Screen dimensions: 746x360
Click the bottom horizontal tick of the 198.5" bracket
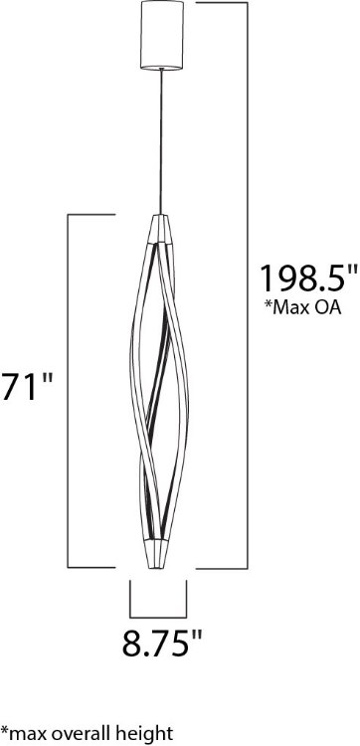219,567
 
